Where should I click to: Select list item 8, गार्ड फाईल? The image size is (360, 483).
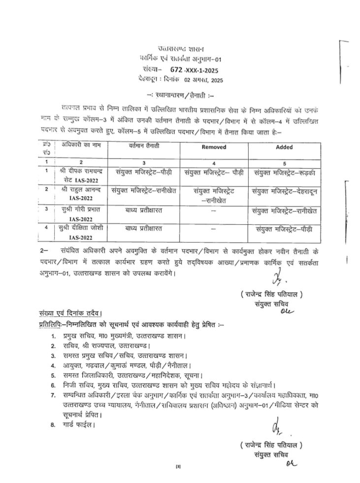point(74,423)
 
